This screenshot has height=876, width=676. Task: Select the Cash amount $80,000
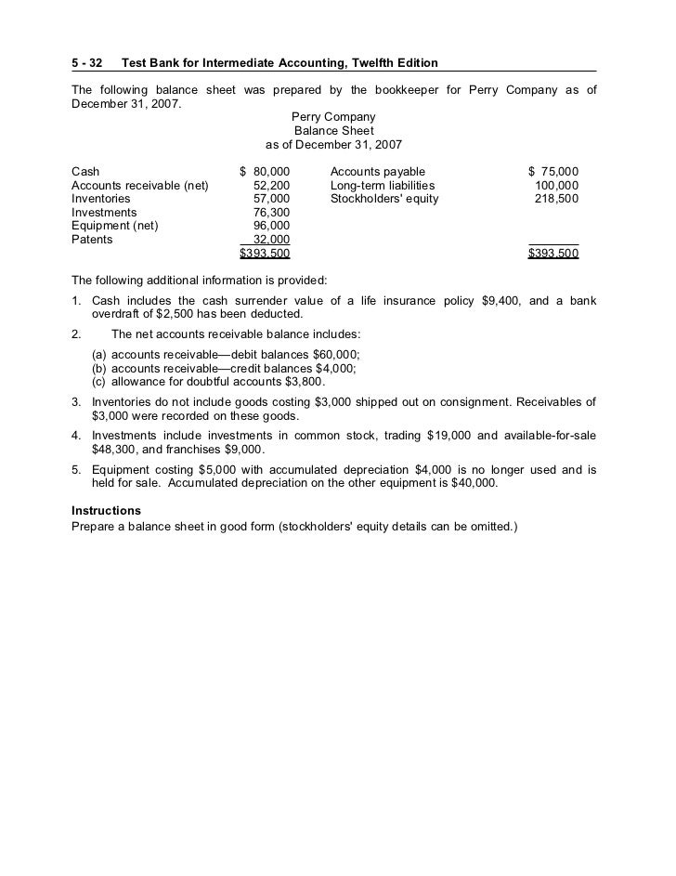pos(265,172)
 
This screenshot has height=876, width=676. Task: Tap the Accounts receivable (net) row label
pos(140,186)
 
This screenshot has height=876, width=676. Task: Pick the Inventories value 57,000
pos(271,199)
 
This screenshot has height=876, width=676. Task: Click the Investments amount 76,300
pos(271,213)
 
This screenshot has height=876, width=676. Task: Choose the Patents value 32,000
pos(271,240)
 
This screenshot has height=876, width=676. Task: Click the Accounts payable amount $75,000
pos(553,172)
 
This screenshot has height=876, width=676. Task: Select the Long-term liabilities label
pos(383,186)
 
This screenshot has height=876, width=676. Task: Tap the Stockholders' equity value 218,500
pos(556,199)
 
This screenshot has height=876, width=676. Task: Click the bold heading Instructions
pos(106,511)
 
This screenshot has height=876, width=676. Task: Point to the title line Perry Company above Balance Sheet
pos(333,117)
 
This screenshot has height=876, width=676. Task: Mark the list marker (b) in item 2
pos(98,369)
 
